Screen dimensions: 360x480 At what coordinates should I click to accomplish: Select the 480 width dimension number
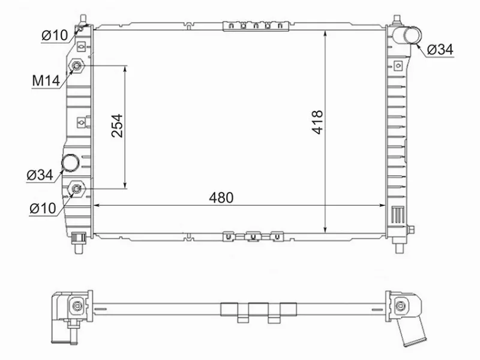coord(220,197)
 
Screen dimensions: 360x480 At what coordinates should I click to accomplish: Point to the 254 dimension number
coord(118,126)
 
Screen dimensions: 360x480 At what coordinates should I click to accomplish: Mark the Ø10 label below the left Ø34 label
coord(42,208)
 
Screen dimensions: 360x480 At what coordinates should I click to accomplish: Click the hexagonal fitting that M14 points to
coord(77,67)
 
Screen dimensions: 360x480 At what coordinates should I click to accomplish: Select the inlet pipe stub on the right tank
coord(412,35)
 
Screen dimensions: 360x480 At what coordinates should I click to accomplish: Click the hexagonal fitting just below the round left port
coord(77,190)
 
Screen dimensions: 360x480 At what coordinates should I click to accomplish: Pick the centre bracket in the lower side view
coord(259,311)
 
